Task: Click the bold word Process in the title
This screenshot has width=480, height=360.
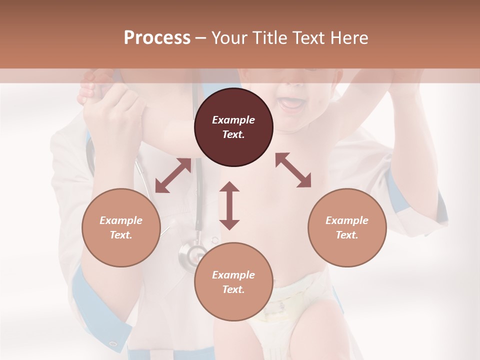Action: [x=157, y=38]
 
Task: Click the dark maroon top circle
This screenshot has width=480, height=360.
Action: [x=233, y=127]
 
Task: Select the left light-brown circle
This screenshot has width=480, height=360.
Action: [x=121, y=227]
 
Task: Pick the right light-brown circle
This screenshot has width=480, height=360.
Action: [x=347, y=227]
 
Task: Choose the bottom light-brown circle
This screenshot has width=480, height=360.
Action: [x=233, y=282]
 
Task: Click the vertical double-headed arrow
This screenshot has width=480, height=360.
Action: [x=229, y=205]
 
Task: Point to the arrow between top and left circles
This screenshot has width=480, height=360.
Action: [x=173, y=175]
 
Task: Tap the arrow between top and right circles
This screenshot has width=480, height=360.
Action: [x=293, y=170]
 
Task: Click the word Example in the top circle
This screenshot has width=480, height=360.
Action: [x=233, y=120]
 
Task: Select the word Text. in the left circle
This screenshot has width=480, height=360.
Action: [x=121, y=235]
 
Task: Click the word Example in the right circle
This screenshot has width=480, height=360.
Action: [x=347, y=220]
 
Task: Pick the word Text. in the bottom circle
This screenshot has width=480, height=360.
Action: [x=233, y=289]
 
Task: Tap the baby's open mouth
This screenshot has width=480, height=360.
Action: [x=292, y=103]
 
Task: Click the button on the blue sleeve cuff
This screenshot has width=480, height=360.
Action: [x=113, y=344]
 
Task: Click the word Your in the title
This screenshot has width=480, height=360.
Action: [x=229, y=38]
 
